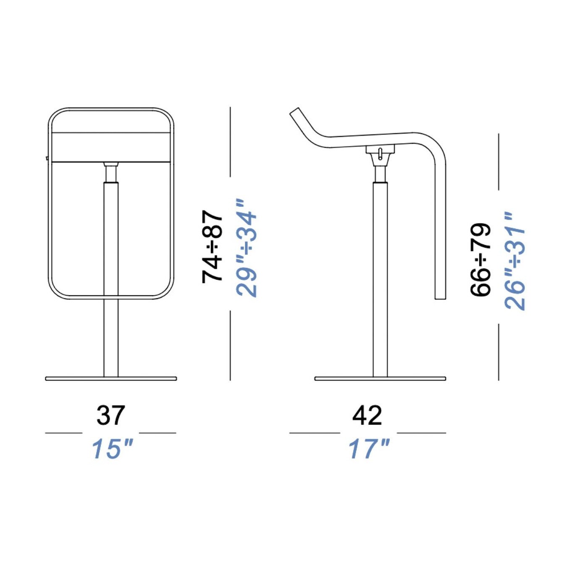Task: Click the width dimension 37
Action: [111, 415]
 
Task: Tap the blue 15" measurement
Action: [112, 449]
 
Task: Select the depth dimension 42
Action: [367, 415]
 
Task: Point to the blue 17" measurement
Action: [369, 449]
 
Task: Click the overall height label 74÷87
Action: [213, 247]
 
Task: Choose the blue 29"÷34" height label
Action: [247, 248]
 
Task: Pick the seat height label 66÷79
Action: [480, 260]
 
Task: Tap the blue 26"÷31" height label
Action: [515, 261]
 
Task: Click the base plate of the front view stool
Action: [111, 378]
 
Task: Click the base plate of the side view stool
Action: [380, 378]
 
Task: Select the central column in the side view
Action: [380, 277]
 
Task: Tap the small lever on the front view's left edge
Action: [47, 158]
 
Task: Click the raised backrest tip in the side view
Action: [296, 112]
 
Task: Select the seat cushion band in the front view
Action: [111, 147]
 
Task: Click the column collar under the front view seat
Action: [111, 173]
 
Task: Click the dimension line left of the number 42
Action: [314, 432]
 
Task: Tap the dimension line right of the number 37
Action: [157, 432]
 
